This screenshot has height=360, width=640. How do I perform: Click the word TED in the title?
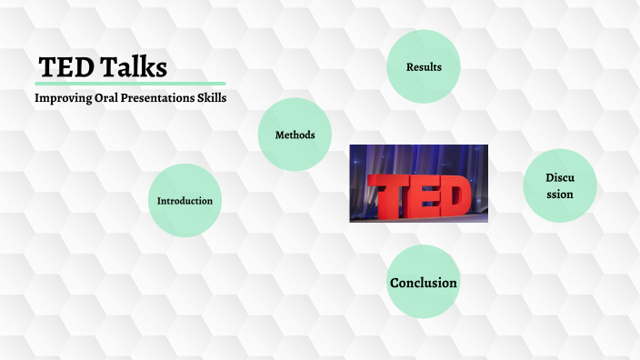coord(65,68)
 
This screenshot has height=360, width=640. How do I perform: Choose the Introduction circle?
coord(185,200)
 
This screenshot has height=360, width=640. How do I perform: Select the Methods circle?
coord(295,135)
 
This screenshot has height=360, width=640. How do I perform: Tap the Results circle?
coord(424,66)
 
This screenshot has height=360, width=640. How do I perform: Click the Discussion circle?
coord(559,185)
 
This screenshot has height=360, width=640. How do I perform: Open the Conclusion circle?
coord(424,283)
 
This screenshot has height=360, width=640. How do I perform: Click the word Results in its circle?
coord(424,66)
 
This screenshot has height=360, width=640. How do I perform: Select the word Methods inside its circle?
coord(295,135)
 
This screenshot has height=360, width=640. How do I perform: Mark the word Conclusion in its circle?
coord(424,283)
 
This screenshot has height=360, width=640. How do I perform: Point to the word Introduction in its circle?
coord(185,200)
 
